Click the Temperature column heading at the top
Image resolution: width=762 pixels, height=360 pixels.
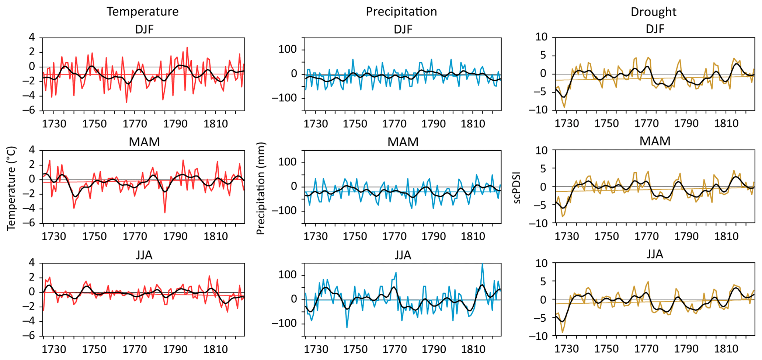click(143, 12)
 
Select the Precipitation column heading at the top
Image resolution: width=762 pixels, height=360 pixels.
click(401, 12)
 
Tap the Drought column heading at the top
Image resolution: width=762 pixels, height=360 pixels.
click(653, 12)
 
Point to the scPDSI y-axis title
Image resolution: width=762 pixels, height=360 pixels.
click(517, 187)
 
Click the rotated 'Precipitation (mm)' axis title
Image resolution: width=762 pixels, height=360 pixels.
click(261, 189)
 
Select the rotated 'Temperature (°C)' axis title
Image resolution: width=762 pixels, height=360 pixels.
click(11, 188)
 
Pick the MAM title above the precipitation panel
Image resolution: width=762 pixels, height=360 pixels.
click(403, 142)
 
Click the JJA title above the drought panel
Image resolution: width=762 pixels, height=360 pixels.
click(655, 254)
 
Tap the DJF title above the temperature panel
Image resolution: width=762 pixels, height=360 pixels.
click(144, 29)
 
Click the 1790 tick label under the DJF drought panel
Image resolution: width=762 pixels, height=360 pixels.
click(686, 123)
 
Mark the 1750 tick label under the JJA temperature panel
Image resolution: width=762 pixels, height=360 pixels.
click(94, 349)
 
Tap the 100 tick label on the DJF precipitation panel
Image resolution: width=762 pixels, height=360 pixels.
click(288, 49)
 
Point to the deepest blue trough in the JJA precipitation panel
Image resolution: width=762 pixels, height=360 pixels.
click(347, 327)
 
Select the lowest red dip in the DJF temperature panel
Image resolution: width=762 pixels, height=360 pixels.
click(126, 102)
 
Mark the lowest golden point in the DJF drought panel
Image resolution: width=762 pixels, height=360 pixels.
click(564, 107)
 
